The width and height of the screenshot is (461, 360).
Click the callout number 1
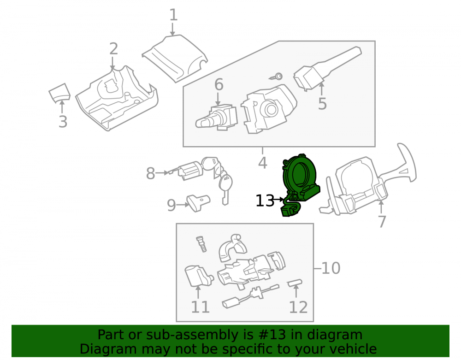pos(173,15)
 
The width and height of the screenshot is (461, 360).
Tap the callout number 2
pos(113,49)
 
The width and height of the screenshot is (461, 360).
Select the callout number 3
pos(63,121)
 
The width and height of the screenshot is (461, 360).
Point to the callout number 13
pos(265,201)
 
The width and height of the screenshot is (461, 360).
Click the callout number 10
pos(331,268)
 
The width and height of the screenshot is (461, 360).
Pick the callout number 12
pos(298,307)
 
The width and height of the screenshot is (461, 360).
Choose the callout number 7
pos(382,222)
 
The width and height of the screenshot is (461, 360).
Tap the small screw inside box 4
pos(276,77)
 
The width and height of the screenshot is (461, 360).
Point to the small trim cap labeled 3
pos(59,92)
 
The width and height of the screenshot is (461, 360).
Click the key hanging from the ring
pos(225,188)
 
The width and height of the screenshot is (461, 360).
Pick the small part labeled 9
pos(198,202)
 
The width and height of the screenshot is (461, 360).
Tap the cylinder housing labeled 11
pos(198,276)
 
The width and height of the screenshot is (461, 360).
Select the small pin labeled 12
pos(295,283)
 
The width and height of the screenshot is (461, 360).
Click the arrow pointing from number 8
pos(163,173)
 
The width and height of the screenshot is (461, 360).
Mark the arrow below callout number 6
pos(218,99)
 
